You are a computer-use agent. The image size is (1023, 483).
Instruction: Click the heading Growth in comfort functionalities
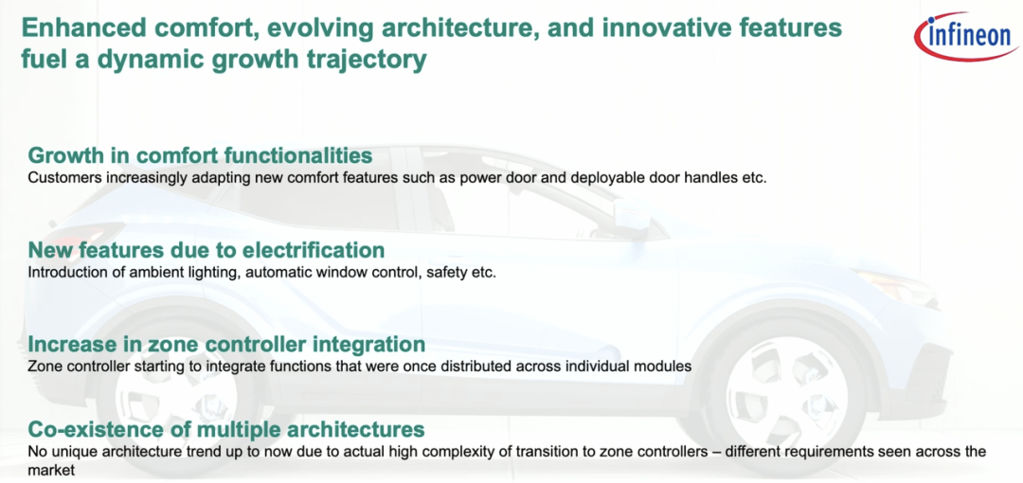pos(200,156)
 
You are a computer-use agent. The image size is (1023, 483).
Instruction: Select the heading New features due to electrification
pos(206,250)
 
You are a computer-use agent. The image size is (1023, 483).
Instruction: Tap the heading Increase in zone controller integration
pos(226,344)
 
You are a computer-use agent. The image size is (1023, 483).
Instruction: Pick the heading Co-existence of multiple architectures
pos(226,430)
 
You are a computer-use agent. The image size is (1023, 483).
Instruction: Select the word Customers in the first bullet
pos(58,178)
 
